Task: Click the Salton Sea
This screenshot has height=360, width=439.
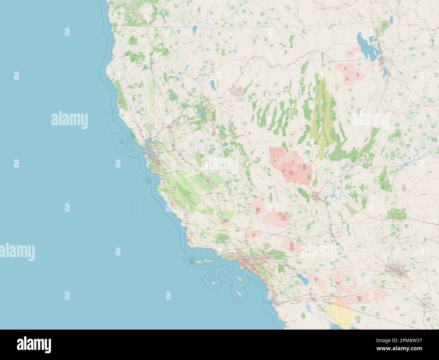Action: pos(302,279)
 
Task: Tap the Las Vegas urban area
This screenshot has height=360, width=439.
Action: pos(316,195)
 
